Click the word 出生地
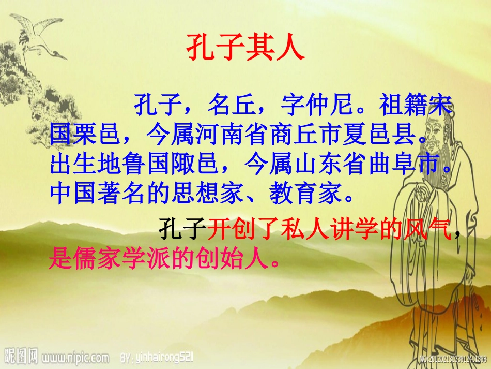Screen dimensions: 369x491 [86, 165]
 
